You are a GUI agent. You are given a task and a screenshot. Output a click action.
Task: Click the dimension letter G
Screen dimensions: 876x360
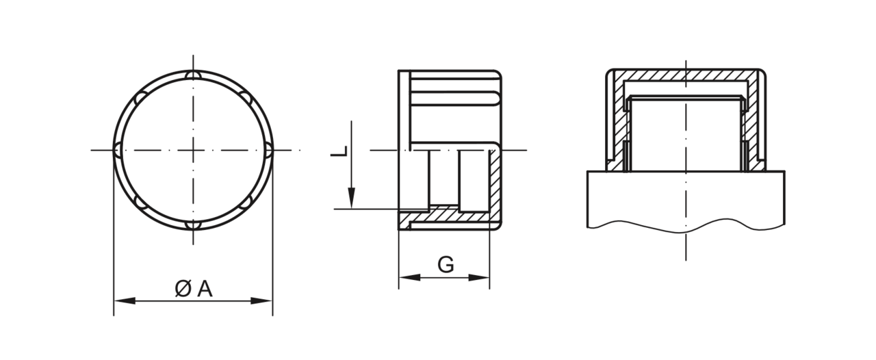446,265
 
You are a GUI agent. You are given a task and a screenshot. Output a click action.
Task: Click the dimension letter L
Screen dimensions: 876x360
339,151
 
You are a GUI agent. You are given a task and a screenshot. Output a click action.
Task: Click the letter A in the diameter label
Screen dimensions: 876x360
205,290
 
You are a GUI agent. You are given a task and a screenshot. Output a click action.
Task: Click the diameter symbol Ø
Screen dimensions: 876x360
183,290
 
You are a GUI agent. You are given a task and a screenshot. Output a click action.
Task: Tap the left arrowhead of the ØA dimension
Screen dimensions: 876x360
125,301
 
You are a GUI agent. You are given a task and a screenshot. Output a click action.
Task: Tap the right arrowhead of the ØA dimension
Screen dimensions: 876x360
261,301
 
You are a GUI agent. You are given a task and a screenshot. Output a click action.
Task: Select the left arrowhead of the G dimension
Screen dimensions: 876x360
409,277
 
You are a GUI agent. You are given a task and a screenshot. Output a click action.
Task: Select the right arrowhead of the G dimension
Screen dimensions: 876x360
478,277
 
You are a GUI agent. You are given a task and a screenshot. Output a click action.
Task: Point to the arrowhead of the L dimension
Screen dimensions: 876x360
352,198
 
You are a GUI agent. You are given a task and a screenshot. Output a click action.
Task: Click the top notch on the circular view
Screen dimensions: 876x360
193,75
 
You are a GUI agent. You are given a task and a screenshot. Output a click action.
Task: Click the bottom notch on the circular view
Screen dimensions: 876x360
193,225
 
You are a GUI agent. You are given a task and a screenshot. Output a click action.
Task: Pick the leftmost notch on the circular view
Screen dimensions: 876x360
118,150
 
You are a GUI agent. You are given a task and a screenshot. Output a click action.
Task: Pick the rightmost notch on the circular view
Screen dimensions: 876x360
268,150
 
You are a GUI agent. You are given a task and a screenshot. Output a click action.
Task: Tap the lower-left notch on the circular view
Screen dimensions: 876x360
141,202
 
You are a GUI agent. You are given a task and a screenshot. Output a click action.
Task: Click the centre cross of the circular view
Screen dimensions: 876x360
193,150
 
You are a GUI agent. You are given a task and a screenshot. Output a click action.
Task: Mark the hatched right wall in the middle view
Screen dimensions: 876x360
495,184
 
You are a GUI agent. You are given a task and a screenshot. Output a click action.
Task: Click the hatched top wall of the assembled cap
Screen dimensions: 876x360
686,76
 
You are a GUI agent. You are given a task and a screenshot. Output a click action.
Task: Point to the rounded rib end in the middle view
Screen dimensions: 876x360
496,98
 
